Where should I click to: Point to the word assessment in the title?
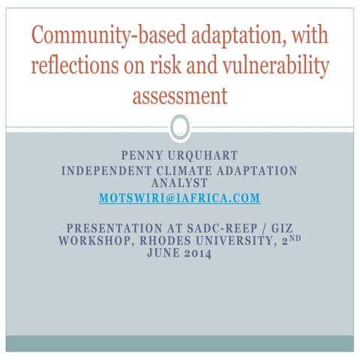179,95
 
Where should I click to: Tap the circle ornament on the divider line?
179,127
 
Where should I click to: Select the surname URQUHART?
204,156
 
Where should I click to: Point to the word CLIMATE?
190,170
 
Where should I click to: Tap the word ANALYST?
179,182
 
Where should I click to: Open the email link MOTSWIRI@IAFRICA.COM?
179,198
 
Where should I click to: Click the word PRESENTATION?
114,227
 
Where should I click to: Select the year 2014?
197,254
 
